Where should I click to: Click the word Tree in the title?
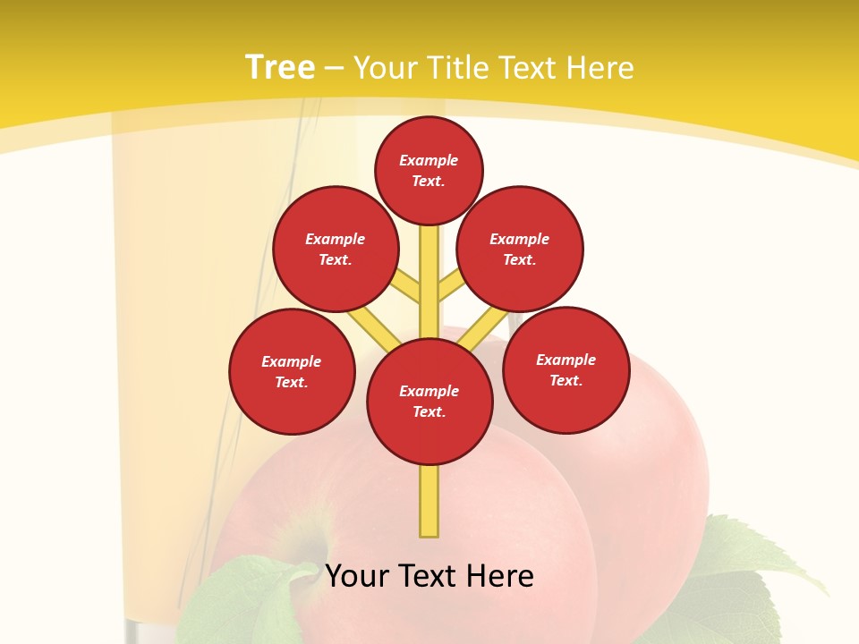pyautogui.click(x=280, y=68)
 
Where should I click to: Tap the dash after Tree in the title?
pyautogui.click(x=334, y=69)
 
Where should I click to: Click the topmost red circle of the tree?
pyautogui.click(x=429, y=170)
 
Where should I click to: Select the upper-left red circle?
pyautogui.click(x=336, y=249)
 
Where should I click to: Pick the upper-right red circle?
pyautogui.click(x=520, y=249)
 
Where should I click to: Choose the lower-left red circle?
pyautogui.click(x=292, y=371)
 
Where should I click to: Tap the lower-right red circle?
pyautogui.click(x=566, y=369)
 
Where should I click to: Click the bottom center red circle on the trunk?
pyautogui.click(x=429, y=401)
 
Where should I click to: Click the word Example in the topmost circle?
pyautogui.click(x=429, y=160)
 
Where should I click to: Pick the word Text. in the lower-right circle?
pyautogui.click(x=566, y=380)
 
